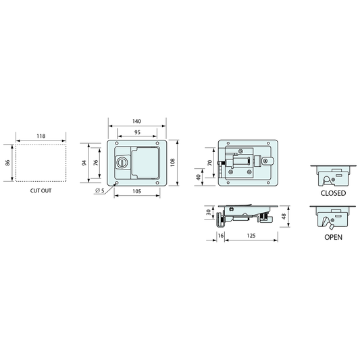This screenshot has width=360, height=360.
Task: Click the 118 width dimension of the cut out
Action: click(x=41, y=136)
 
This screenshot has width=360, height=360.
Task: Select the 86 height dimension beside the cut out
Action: click(x=8, y=162)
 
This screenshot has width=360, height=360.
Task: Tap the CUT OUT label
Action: click(x=41, y=190)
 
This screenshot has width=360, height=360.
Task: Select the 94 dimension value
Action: click(x=84, y=163)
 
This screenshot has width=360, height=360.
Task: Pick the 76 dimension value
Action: click(x=95, y=163)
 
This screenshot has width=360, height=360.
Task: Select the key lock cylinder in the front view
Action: click(x=123, y=163)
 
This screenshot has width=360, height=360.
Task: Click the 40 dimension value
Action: click(x=198, y=177)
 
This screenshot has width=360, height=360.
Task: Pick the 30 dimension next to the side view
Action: click(x=209, y=212)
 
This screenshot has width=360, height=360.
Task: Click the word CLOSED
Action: click(x=332, y=193)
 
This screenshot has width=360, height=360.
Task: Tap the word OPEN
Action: click(x=332, y=237)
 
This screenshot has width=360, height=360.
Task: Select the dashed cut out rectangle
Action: click(x=41, y=162)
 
